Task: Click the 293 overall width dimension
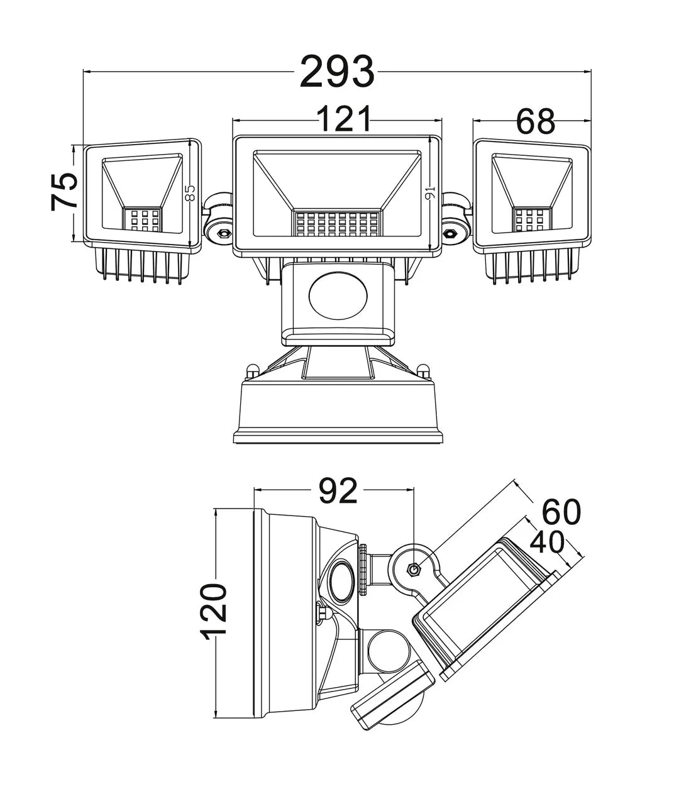tap(337, 71)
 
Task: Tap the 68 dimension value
tap(536, 121)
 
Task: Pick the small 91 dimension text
tap(431, 194)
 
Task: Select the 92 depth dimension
tap(337, 491)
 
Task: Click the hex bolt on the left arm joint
tap(222, 233)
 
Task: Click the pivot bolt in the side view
tap(414, 570)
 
